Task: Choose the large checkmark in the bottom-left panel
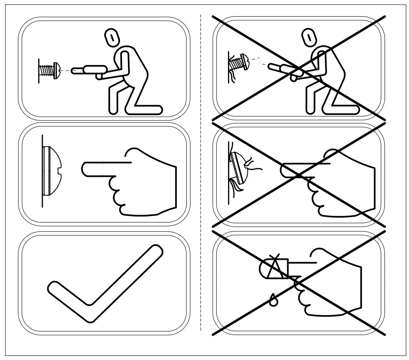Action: coord(104,282)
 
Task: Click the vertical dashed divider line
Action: coord(201,174)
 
